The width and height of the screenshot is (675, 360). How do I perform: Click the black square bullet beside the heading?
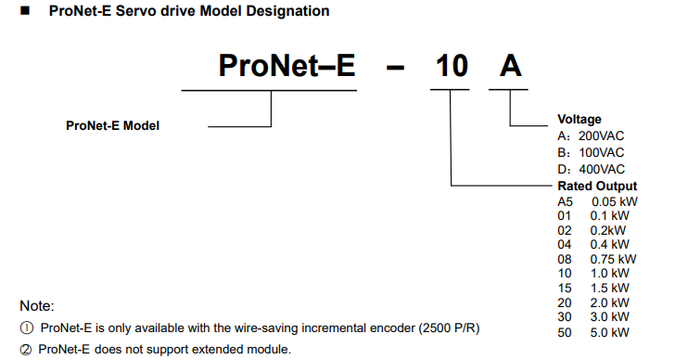[25, 10]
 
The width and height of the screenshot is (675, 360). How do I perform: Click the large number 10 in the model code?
[452, 66]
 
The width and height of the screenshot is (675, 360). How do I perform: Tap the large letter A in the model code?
[511, 66]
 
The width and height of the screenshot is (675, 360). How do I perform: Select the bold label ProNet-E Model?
[113, 126]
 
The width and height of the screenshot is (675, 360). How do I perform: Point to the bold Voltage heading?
[579, 120]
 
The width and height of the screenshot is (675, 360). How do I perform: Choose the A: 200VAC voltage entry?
[591, 136]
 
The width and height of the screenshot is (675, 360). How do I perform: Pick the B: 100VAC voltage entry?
[591, 153]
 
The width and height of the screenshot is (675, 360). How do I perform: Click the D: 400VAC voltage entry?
[591, 169]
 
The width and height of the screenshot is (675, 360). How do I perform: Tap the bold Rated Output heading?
[597, 186]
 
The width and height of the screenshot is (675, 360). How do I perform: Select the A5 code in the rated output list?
[566, 202]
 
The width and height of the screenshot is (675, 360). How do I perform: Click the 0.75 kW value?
[613, 259]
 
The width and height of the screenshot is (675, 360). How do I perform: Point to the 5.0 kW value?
[609, 332]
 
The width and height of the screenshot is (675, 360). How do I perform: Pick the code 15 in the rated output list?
[565, 288]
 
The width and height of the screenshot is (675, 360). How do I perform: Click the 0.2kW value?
[608, 230]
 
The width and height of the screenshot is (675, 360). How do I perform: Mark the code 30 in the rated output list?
[565, 317]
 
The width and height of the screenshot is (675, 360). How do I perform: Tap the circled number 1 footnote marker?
[27, 328]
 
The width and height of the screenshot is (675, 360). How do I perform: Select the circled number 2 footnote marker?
[26, 349]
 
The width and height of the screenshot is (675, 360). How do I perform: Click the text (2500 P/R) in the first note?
[450, 328]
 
